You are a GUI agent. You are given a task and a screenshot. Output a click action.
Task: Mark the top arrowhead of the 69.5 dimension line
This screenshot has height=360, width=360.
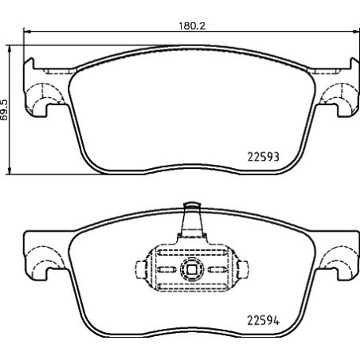(x=10, y=44)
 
